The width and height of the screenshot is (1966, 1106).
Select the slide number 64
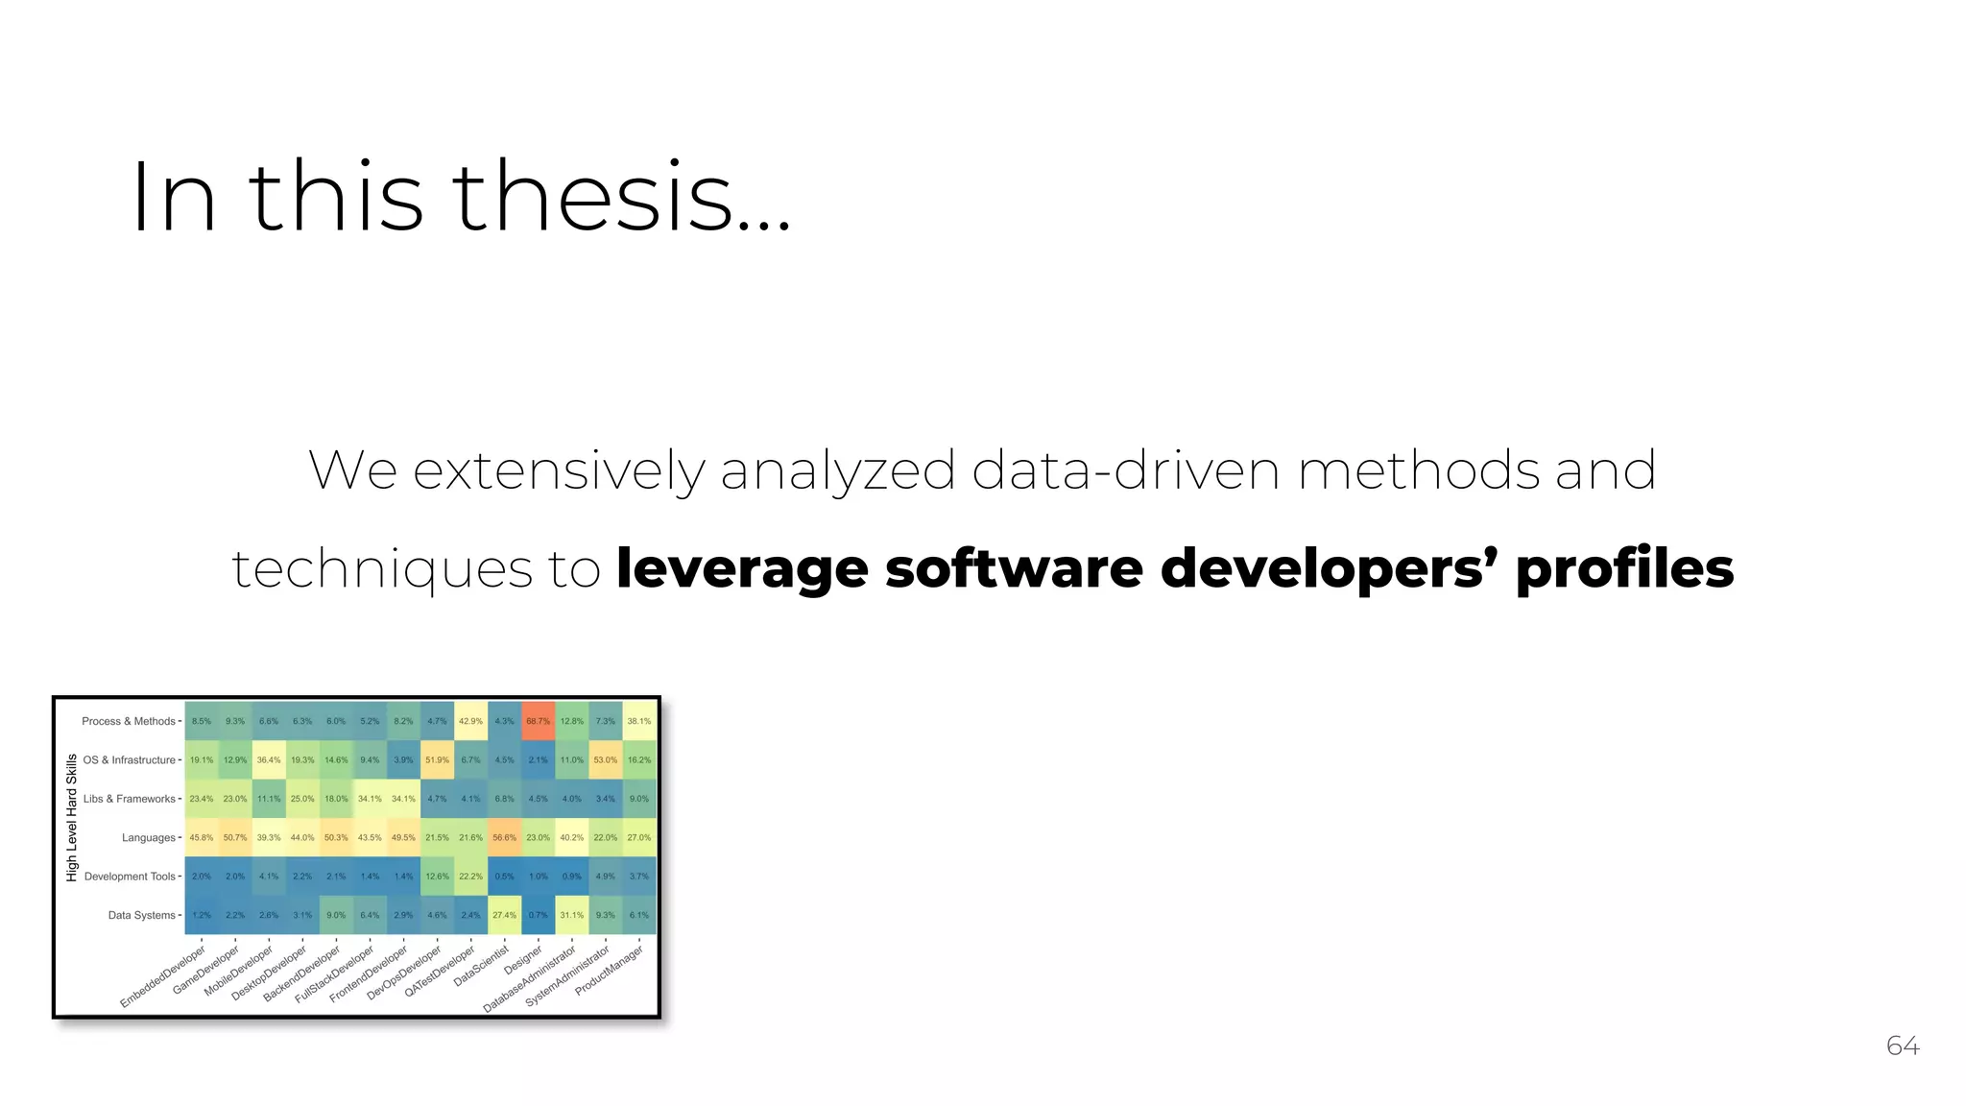[x=1903, y=1046]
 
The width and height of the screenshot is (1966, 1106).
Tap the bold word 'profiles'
[x=1624, y=568]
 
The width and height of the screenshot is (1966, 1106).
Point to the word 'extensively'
[x=559, y=470]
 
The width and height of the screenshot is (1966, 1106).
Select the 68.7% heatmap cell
[x=538, y=721]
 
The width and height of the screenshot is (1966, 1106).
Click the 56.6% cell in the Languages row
[x=504, y=837]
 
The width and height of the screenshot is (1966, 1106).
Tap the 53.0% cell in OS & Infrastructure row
[x=605, y=759]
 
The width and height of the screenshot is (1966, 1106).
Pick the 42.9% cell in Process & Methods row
[x=470, y=721]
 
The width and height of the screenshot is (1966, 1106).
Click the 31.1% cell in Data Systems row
[x=571, y=915]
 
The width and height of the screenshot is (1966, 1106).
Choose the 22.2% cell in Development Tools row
[x=470, y=877]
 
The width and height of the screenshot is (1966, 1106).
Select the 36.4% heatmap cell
[x=269, y=759]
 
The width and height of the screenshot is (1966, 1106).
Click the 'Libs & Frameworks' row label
[x=130, y=799]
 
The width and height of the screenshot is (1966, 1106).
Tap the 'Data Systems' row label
[x=141, y=915]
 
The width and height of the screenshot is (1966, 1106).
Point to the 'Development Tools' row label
[x=130, y=877]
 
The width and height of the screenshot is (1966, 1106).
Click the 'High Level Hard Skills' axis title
[x=72, y=818]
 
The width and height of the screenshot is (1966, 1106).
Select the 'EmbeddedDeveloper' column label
[x=163, y=976]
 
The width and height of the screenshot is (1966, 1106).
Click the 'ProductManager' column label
[x=609, y=970]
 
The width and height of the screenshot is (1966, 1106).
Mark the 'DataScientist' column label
[x=481, y=966]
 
